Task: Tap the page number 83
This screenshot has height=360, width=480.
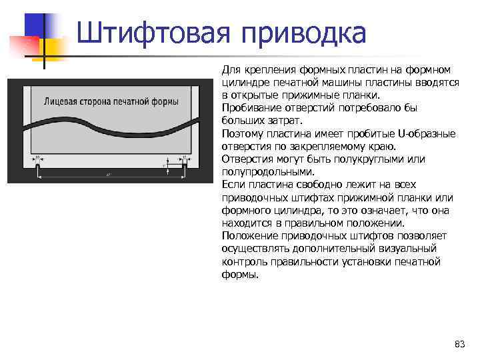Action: point(459,344)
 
